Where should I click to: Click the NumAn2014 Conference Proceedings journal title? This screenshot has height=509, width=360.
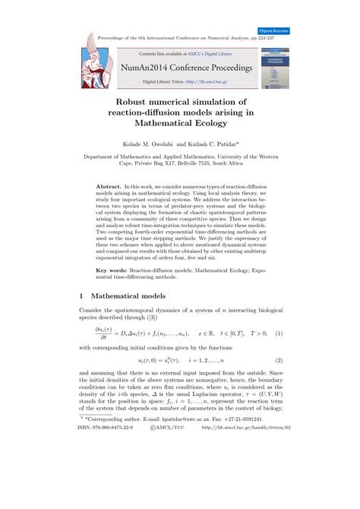pos(179,66)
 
